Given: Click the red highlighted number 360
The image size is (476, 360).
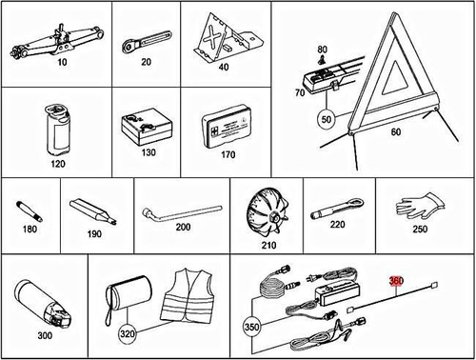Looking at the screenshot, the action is point(396,281).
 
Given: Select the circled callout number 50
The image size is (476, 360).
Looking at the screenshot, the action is point(327,119).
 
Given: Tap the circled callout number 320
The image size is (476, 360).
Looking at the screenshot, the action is point(127,333).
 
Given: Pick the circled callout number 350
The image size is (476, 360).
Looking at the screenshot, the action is point(251,327).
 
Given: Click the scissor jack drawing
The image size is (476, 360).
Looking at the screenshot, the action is point(58,41).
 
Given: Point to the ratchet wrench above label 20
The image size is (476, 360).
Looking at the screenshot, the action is point(148,42).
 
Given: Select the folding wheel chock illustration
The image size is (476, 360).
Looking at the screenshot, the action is point(228,38).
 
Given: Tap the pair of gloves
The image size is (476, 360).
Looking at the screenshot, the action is point(422,206).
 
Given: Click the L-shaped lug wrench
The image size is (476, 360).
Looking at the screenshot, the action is point(182,213).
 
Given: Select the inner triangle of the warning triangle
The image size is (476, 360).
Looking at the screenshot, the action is point(394,78).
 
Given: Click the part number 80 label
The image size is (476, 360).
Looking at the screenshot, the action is point(322,50).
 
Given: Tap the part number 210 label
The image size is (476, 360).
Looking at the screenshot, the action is point(268,245).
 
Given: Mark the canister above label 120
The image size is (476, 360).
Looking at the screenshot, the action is point(57,130).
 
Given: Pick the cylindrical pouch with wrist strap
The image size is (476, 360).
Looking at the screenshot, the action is point(129,296).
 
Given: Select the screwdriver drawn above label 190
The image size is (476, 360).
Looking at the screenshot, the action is point(93,212).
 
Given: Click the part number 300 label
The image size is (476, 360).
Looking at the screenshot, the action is point(45,335).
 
